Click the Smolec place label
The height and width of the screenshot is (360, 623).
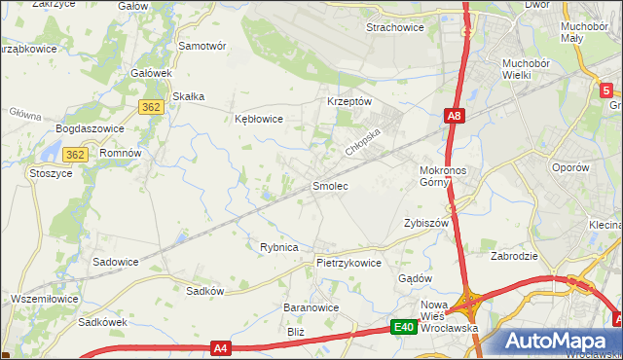(329, 185)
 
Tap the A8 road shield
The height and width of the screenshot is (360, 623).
(454, 116)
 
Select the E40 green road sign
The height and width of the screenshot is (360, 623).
(405, 328)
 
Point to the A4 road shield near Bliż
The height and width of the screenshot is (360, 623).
(222, 346)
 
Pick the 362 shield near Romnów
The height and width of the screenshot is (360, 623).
(76, 154)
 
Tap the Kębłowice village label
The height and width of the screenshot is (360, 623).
(259, 119)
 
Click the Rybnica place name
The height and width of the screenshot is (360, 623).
(278, 247)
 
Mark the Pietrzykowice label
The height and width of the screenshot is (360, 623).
(348, 263)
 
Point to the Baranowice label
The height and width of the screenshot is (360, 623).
(311, 307)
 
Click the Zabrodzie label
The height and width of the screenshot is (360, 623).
(516, 258)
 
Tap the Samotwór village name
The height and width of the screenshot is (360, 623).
(202, 46)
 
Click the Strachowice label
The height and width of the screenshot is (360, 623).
(394, 27)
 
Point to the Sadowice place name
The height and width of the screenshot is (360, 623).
(115, 262)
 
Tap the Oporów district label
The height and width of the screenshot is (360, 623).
(571, 167)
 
